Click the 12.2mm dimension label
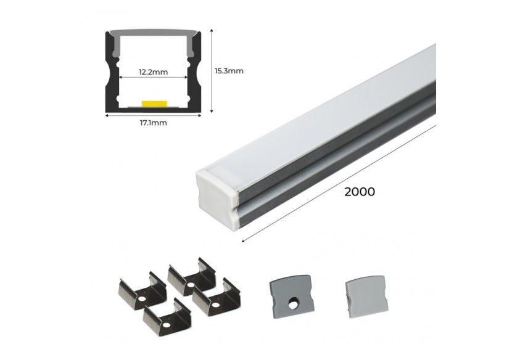152,72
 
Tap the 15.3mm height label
229,70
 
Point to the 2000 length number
360,192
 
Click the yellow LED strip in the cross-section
154,103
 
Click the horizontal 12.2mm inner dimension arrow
152,78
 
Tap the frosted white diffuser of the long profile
321,105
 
